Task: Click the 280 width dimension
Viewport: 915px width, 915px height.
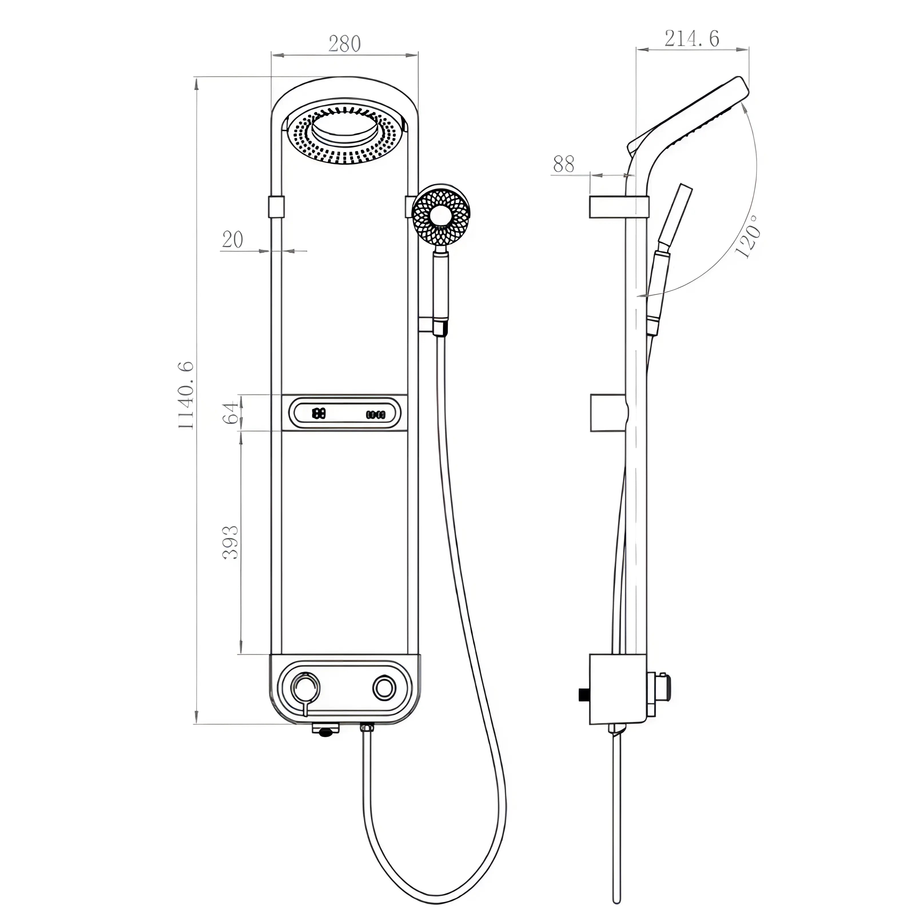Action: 344,44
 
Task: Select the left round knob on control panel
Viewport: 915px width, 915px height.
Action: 305,688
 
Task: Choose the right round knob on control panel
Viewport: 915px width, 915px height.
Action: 384,688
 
